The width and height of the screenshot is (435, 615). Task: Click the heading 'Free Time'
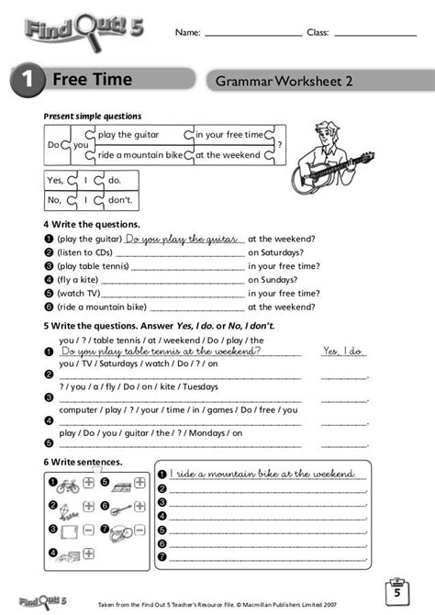point(92,80)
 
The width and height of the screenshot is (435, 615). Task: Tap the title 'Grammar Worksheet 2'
point(284,82)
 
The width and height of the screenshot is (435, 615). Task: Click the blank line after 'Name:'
point(252,34)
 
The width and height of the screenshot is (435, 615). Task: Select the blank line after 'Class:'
point(375,34)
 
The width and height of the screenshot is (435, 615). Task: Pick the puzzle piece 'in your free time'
point(233,135)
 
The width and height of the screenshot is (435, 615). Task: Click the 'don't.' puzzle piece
point(120,198)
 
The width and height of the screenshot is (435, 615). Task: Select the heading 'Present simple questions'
point(93,117)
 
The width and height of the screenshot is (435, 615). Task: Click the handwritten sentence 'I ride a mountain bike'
point(262,474)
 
